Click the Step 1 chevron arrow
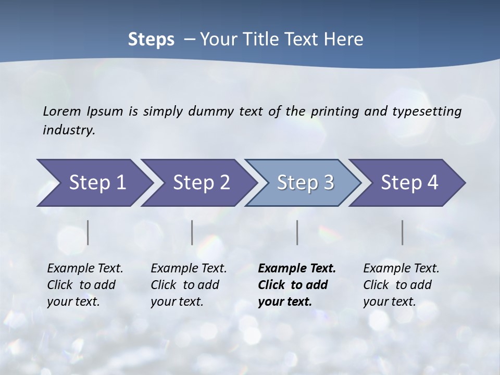pyautogui.click(x=97, y=183)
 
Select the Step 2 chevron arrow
pyautogui.click(x=201, y=183)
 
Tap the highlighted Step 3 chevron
pyautogui.click(x=305, y=183)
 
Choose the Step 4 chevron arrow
pyautogui.click(x=409, y=183)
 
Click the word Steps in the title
pyautogui.click(x=151, y=39)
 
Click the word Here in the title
pyautogui.click(x=344, y=39)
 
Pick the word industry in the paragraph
pyautogui.click(x=68, y=130)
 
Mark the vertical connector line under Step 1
pyautogui.click(x=88, y=232)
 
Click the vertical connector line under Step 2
pyautogui.click(x=192, y=232)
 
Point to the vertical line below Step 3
pyautogui.click(x=297, y=232)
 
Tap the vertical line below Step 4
pyautogui.click(x=403, y=232)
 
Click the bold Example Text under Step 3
pyautogui.click(x=297, y=269)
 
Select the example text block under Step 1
pyautogui.click(x=85, y=285)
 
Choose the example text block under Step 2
pyautogui.click(x=189, y=285)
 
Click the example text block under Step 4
pyautogui.click(x=401, y=285)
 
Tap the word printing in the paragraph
pyautogui.click(x=333, y=111)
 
